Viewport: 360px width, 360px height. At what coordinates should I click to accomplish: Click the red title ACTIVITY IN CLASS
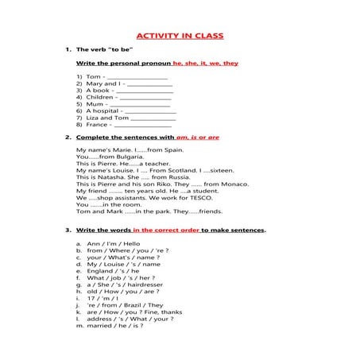click(x=180, y=36)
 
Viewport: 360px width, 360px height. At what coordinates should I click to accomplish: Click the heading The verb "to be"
click(x=107, y=50)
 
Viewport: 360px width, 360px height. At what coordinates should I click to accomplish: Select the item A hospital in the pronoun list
click(x=100, y=110)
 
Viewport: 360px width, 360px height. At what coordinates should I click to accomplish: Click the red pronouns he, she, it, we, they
click(x=206, y=63)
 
